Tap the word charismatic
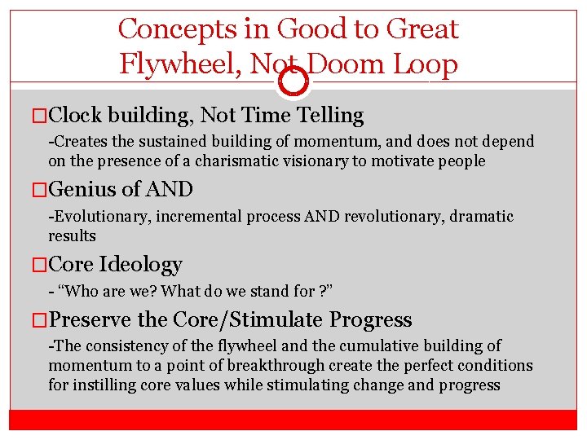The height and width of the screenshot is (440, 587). (x=241, y=161)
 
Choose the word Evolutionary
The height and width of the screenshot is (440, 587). (x=99, y=217)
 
